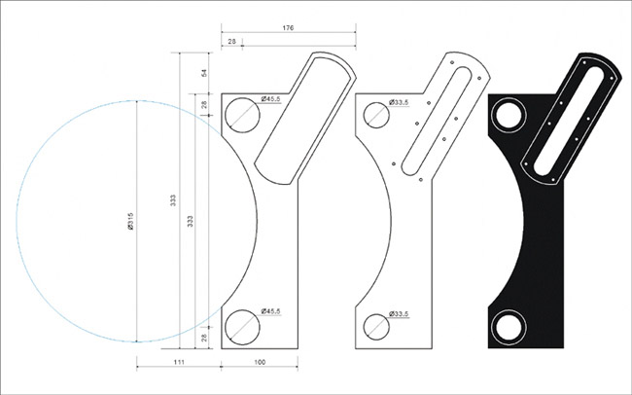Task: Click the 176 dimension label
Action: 288,28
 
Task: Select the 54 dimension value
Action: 204,73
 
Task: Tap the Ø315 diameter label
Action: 130,221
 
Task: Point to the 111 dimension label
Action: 179,362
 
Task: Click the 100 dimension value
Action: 260,362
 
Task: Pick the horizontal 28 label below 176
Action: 231,41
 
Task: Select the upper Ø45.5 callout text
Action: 270,99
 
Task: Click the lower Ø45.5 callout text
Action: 270,311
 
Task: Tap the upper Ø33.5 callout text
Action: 399,102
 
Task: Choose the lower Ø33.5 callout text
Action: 399,313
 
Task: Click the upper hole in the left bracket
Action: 242,115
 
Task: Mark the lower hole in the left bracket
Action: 242,327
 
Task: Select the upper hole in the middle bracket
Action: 376,115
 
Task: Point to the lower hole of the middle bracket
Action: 376,327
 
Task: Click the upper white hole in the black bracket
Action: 509,115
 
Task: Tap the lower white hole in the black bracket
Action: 509,327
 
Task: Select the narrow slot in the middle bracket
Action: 437,121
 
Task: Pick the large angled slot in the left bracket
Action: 303,121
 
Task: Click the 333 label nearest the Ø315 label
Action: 173,200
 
